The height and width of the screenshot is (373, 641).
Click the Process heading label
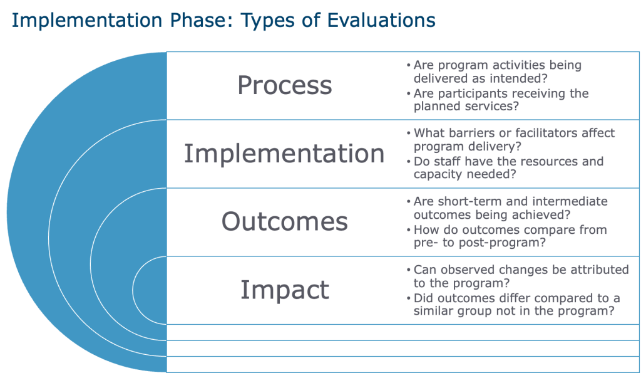285,85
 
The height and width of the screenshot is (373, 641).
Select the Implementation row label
284,154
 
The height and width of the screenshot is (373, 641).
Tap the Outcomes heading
285,221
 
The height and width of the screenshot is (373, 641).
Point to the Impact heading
285,290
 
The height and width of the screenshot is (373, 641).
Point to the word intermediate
570,201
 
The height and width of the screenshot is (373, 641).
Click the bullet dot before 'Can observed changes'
408,270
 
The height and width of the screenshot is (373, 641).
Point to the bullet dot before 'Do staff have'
408,162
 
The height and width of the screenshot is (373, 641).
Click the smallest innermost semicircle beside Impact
133,290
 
